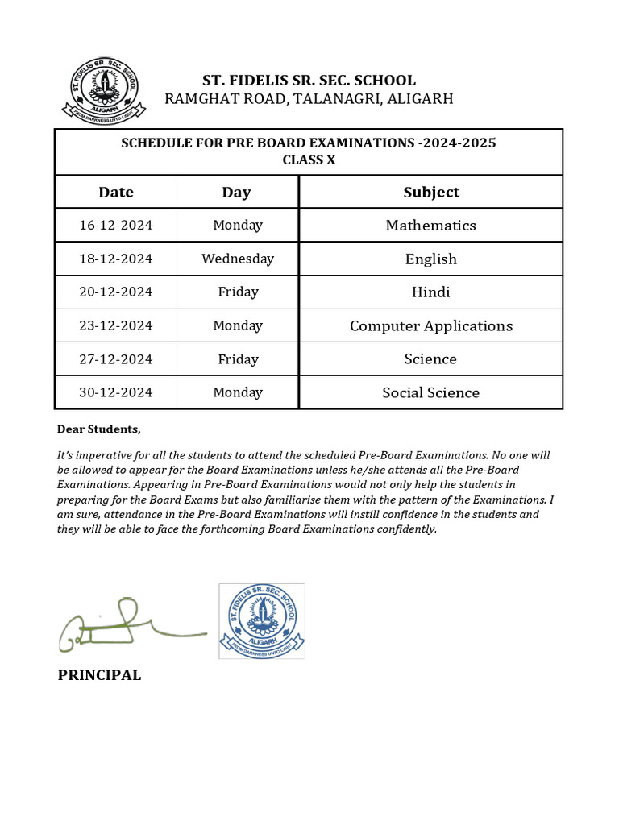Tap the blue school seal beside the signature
coord(262,620)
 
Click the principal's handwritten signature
coord(129,625)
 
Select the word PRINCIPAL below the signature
coord(99,675)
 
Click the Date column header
coord(116,192)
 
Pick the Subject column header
coord(431,192)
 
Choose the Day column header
coord(237,192)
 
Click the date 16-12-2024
coord(116,226)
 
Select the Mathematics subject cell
coord(431,226)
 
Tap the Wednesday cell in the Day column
coord(238,259)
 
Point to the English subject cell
coord(431,259)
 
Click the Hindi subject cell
coord(431,292)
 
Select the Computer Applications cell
coord(431,326)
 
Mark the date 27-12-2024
coord(116,359)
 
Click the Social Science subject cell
coord(431,393)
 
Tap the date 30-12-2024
coord(116,393)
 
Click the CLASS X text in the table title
coord(309,160)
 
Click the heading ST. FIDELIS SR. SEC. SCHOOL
coord(309,81)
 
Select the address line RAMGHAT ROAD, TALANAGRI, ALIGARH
coord(309,99)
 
